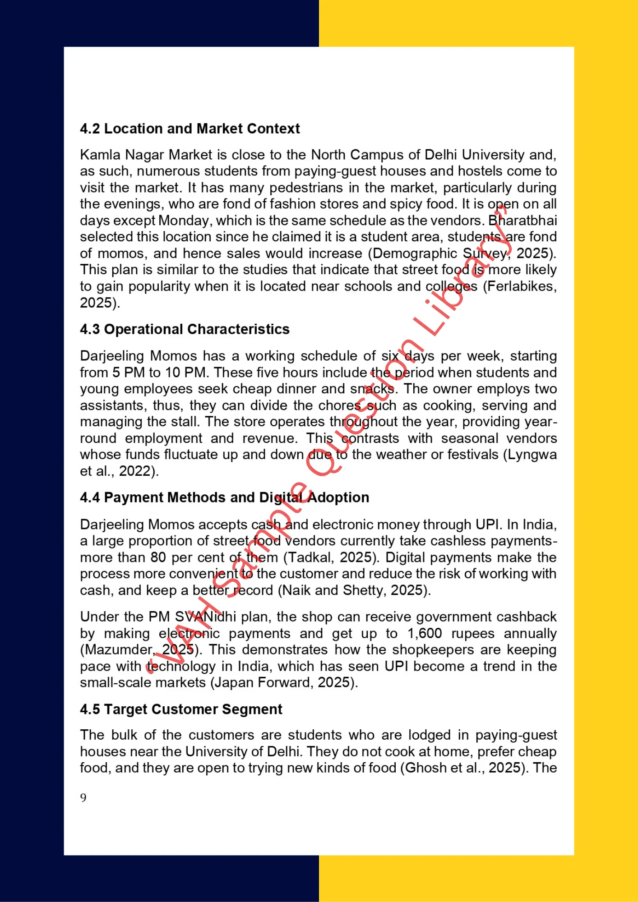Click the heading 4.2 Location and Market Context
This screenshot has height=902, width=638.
point(190,129)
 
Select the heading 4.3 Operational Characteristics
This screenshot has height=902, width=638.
point(185,330)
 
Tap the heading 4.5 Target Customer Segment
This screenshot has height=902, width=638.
point(181,709)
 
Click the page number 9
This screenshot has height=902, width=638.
point(83,798)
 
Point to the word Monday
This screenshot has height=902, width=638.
point(185,221)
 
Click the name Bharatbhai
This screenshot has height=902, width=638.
point(522,221)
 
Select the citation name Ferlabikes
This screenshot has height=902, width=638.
point(520,286)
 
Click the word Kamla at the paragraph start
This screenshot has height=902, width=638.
point(100,155)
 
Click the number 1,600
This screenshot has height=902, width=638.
point(424,634)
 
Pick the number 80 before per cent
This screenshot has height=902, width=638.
point(158,558)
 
